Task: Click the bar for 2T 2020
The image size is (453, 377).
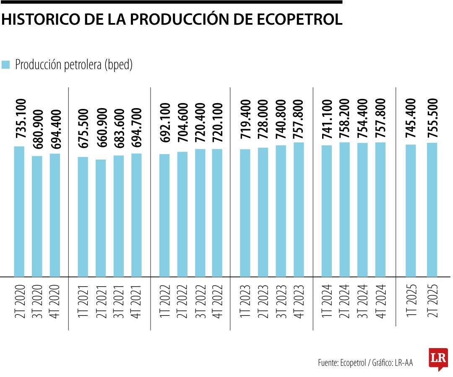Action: click(x=19, y=212)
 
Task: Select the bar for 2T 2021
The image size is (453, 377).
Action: click(x=101, y=218)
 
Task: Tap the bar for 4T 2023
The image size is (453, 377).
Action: click(x=299, y=209)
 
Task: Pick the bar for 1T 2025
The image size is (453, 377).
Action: click(x=411, y=211)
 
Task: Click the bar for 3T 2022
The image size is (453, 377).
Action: click(x=200, y=213)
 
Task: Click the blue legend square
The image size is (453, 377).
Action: click(x=5, y=65)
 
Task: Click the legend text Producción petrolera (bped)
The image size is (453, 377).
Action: click(x=74, y=65)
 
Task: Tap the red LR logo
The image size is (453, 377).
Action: click(x=438, y=358)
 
